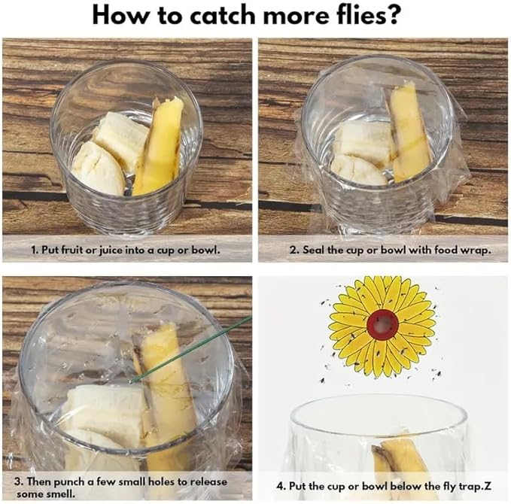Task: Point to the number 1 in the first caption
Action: [33, 249]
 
